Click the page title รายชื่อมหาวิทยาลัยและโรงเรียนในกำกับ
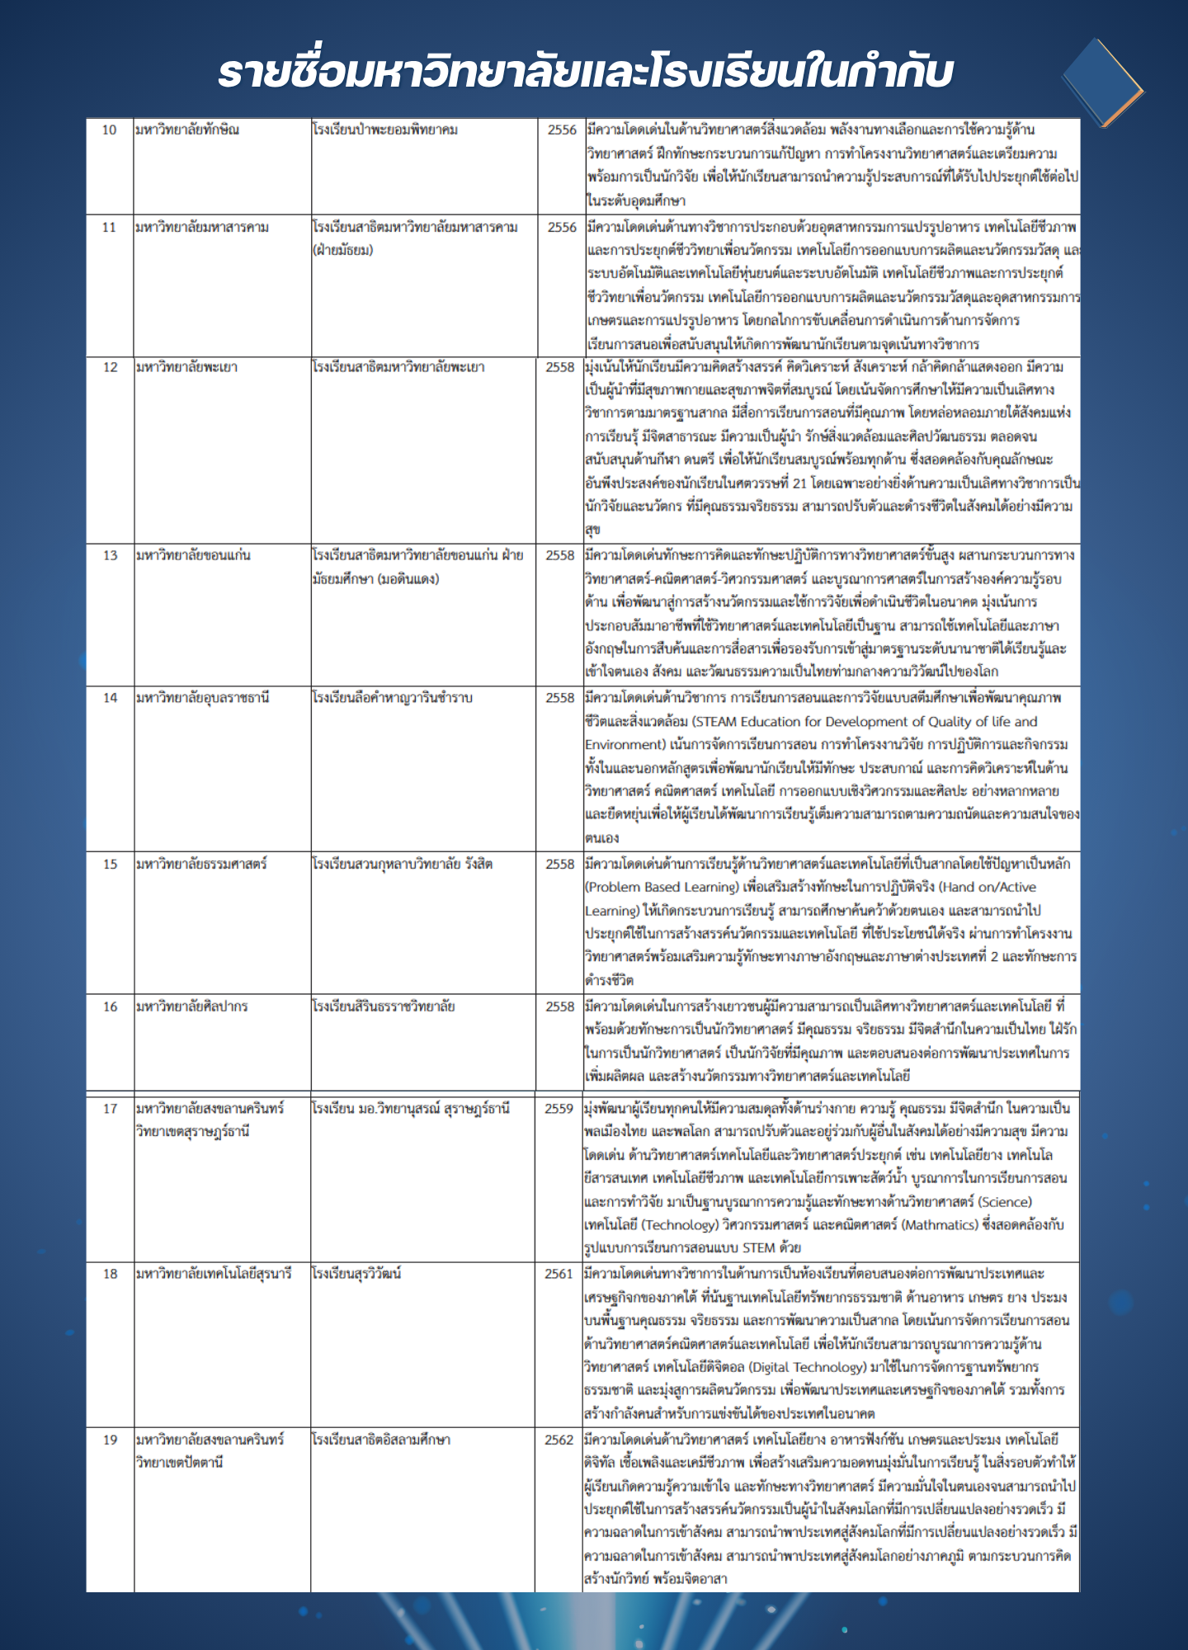coord(586,73)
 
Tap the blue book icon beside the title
coord(1101,82)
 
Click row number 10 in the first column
coord(110,130)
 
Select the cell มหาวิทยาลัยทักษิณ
coord(187,130)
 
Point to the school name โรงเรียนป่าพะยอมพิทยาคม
coord(384,130)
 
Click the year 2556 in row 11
coord(562,228)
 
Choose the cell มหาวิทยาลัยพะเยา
coord(187,367)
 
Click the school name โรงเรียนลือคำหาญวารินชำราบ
coord(393,698)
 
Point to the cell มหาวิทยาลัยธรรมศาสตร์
coord(201,865)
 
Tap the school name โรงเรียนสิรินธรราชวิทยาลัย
coord(384,1006)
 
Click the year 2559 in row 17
coord(559,1109)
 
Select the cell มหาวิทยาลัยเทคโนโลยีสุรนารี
coord(214,1274)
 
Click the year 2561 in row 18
coord(559,1274)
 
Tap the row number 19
coord(110,1440)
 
